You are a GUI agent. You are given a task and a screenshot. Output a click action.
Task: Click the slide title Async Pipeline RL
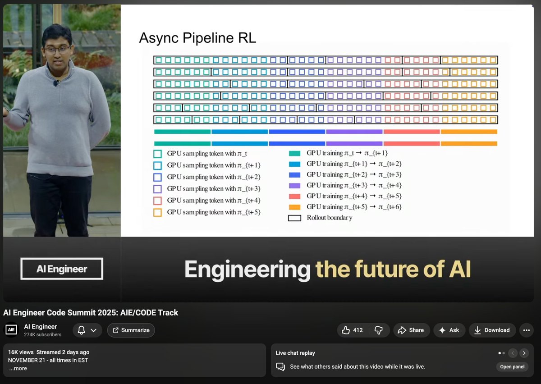click(x=197, y=38)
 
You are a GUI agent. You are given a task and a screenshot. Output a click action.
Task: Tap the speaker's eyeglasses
click(x=57, y=50)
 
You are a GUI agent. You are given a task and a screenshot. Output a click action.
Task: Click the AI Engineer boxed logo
click(x=62, y=269)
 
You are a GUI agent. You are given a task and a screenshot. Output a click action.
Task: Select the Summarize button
click(x=131, y=330)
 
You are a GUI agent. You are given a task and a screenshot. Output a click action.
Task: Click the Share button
click(x=411, y=330)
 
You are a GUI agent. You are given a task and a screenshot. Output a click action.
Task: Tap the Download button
click(x=492, y=330)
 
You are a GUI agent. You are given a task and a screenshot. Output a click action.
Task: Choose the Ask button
click(x=449, y=330)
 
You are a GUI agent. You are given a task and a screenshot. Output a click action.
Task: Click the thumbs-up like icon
click(x=346, y=330)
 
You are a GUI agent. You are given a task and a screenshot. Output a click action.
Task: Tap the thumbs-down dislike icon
click(x=379, y=330)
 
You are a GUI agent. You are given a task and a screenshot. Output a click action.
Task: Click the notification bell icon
click(x=82, y=330)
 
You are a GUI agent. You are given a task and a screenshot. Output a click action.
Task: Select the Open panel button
click(x=512, y=366)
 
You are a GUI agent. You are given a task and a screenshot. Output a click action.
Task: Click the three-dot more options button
click(x=526, y=330)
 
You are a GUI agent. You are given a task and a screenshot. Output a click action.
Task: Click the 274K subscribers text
click(x=43, y=335)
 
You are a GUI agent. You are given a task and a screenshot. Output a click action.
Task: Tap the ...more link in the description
click(x=18, y=368)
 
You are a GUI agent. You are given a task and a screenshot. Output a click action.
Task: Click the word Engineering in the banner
click(x=247, y=269)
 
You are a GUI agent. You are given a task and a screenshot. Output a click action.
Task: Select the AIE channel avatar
click(x=11, y=330)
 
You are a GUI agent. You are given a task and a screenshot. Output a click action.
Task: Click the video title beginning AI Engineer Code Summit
click(x=91, y=312)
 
